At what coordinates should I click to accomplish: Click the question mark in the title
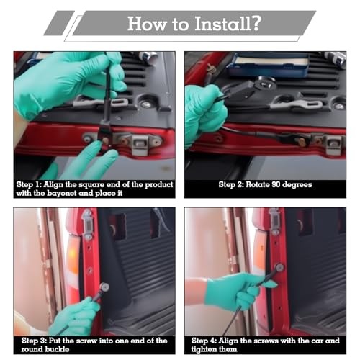tap(256, 23)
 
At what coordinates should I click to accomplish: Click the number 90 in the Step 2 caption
tap(276, 184)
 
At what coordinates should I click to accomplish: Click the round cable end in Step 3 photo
tap(104, 287)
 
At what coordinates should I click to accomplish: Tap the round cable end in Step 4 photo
tap(279, 267)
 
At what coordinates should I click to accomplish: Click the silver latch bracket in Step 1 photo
tap(140, 144)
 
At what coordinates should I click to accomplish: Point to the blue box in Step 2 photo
tap(270, 64)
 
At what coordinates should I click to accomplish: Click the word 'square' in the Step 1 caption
tap(91, 185)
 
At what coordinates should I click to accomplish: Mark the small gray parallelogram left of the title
tap(59, 23)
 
